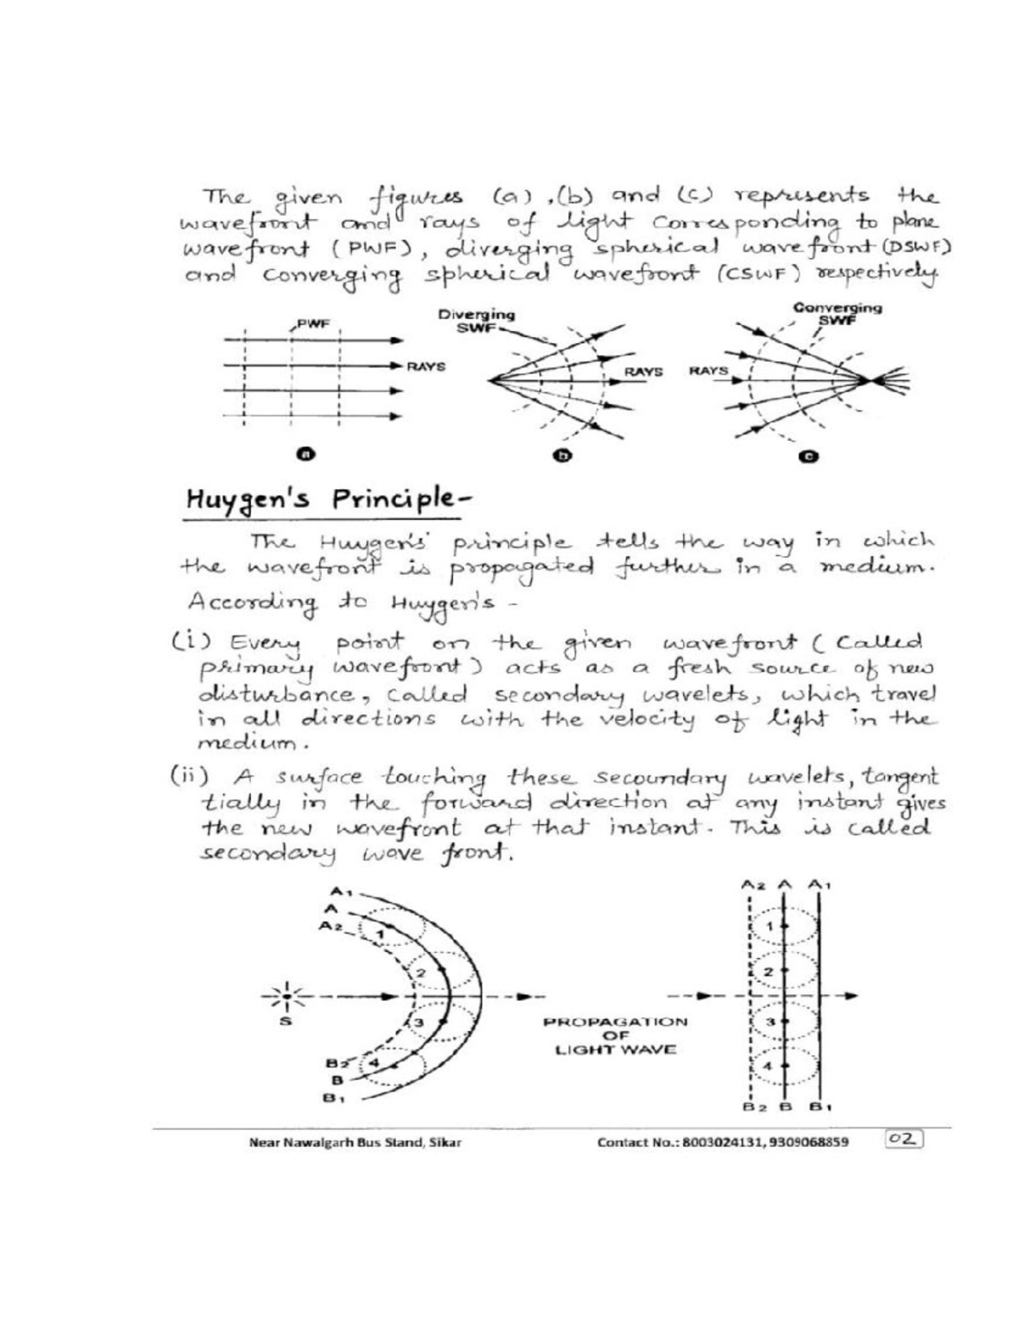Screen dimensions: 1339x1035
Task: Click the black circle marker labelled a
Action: tap(303, 454)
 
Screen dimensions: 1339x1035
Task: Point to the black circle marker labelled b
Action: tap(561, 456)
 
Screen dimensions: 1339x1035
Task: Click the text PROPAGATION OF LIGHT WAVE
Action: tap(615, 1036)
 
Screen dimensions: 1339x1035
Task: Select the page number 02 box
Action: tap(903, 1140)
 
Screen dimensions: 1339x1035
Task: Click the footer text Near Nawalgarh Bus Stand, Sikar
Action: tap(354, 1142)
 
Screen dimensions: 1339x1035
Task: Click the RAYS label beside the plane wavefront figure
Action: tap(426, 366)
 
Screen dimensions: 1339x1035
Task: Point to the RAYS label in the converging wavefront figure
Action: tap(708, 372)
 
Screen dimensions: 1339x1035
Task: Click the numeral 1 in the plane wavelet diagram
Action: tap(772, 925)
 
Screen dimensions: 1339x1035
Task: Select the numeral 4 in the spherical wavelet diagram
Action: tap(374, 1061)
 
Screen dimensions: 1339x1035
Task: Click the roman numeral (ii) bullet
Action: tap(187, 773)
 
